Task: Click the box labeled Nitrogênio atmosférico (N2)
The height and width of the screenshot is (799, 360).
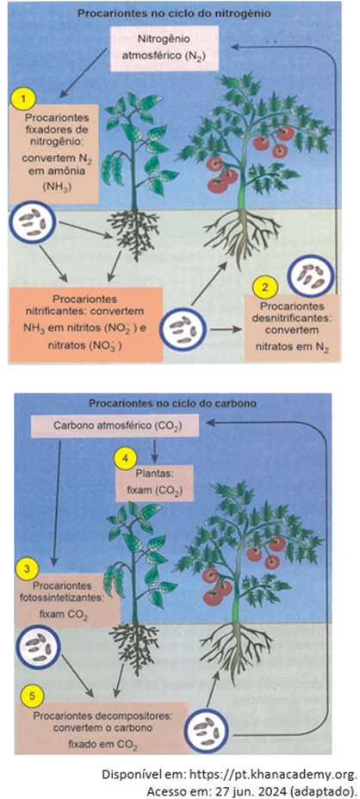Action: click(x=164, y=47)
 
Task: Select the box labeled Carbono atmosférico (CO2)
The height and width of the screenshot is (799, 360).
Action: click(x=115, y=426)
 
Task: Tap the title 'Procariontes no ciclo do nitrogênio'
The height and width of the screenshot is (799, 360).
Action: click(x=174, y=14)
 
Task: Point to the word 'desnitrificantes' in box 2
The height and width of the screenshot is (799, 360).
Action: click(x=293, y=319)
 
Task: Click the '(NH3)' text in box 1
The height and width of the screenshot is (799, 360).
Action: click(x=55, y=186)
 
